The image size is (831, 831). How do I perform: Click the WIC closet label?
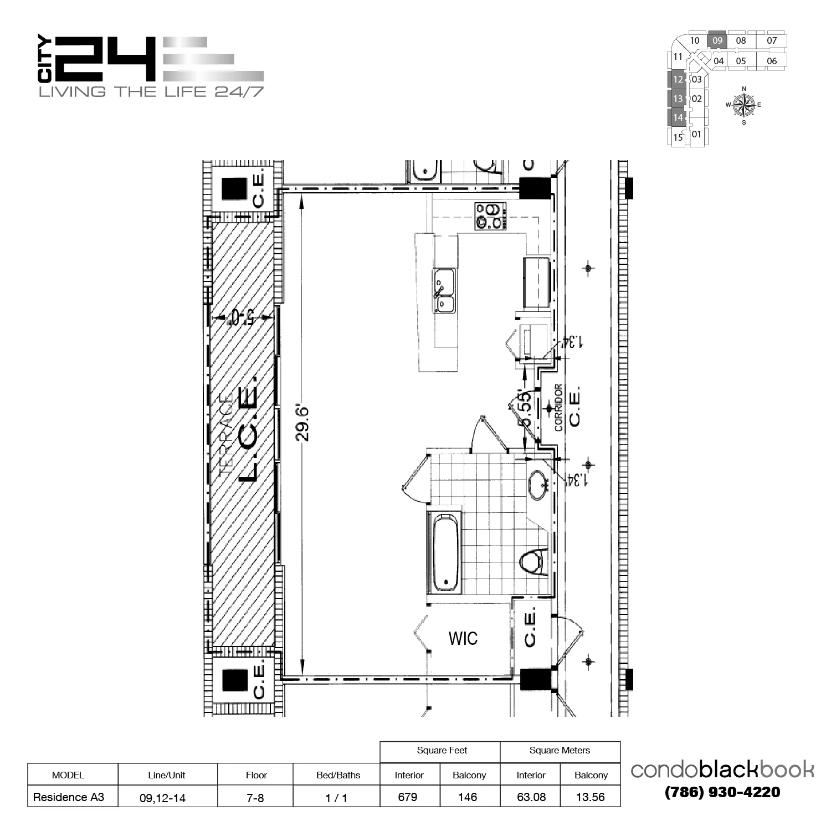point(463,638)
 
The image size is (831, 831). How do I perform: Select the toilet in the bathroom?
point(532,562)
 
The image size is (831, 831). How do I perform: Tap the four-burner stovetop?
point(490,216)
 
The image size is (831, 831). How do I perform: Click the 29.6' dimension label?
point(302,423)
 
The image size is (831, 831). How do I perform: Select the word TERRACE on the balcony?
point(226,433)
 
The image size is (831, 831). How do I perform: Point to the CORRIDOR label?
point(558,407)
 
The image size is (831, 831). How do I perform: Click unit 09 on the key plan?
point(717,40)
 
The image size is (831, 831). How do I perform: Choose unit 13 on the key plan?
point(678,99)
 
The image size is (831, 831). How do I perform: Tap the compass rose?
point(743,105)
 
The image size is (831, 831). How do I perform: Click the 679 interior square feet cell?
point(408,797)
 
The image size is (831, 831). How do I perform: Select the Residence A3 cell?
point(68,797)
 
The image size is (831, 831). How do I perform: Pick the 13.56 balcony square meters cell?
point(590,797)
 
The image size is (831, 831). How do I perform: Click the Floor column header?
point(256,775)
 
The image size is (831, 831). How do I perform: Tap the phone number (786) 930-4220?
point(722,792)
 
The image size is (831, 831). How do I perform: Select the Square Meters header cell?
point(560,751)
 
